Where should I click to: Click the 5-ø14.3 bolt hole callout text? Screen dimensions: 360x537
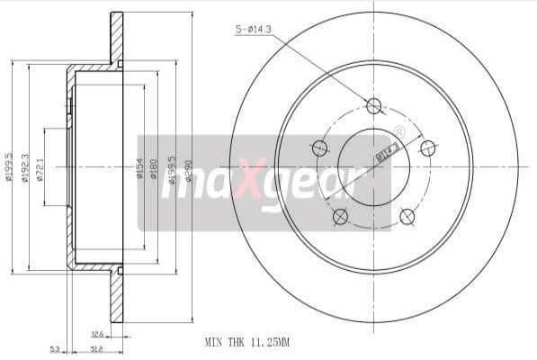pyautogui.click(x=256, y=30)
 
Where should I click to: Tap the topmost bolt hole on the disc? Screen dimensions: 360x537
pyautogui.click(x=374, y=106)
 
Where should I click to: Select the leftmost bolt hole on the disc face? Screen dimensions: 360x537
pyautogui.click(x=318, y=148)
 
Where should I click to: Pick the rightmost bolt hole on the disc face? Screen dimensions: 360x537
pyautogui.click(x=428, y=148)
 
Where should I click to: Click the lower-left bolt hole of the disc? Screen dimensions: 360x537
pyautogui.click(x=340, y=216)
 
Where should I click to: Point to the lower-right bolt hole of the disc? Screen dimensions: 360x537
pyautogui.click(x=407, y=215)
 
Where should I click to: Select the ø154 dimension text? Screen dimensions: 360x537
pyautogui.click(x=140, y=168)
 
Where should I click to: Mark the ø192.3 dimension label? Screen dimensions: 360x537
pyautogui.click(x=26, y=166)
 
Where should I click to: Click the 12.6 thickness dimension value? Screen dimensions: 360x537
pyautogui.click(x=97, y=333)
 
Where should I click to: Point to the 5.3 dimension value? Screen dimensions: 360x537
pyautogui.click(x=55, y=349)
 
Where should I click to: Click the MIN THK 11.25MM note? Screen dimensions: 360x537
pyautogui.click(x=248, y=342)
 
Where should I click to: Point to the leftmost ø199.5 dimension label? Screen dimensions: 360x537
pyautogui.click(x=9, y=166)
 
